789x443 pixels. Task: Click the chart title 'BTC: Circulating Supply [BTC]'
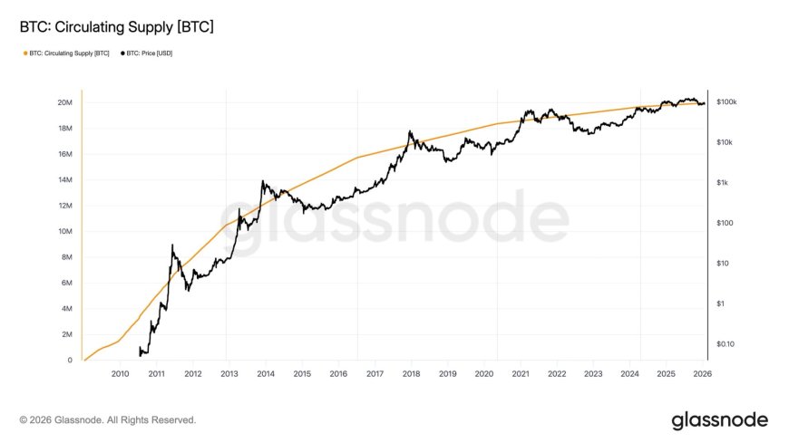coord(116,28)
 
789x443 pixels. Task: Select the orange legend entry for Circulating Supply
coord(66,54)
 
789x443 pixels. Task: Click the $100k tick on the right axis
coord(726,102)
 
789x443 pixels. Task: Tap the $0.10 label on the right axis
coord(726,344)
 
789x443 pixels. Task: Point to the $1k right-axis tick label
coord(722,183)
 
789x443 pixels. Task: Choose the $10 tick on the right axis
coord(722,264)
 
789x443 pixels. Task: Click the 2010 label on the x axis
coord(120,372)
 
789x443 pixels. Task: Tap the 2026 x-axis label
coord(702,372)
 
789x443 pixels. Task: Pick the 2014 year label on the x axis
coord(266,372)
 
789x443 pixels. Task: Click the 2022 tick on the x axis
coord(557,372)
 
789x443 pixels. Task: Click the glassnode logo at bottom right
coord(719,420)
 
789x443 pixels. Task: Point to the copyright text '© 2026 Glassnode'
coord(107,420)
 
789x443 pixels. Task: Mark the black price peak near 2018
coord(410,131)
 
